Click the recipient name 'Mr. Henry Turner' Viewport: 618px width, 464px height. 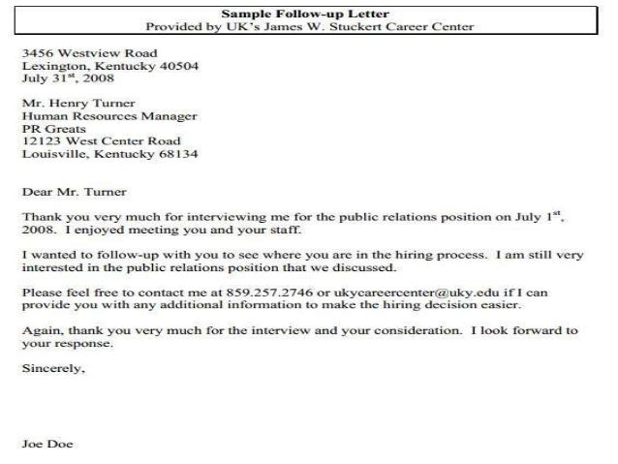[79, 102]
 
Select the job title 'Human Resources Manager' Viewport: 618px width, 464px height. [109, 115]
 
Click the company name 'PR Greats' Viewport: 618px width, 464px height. [54, 128]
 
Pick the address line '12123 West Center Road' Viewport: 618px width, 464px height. [102, 140]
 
